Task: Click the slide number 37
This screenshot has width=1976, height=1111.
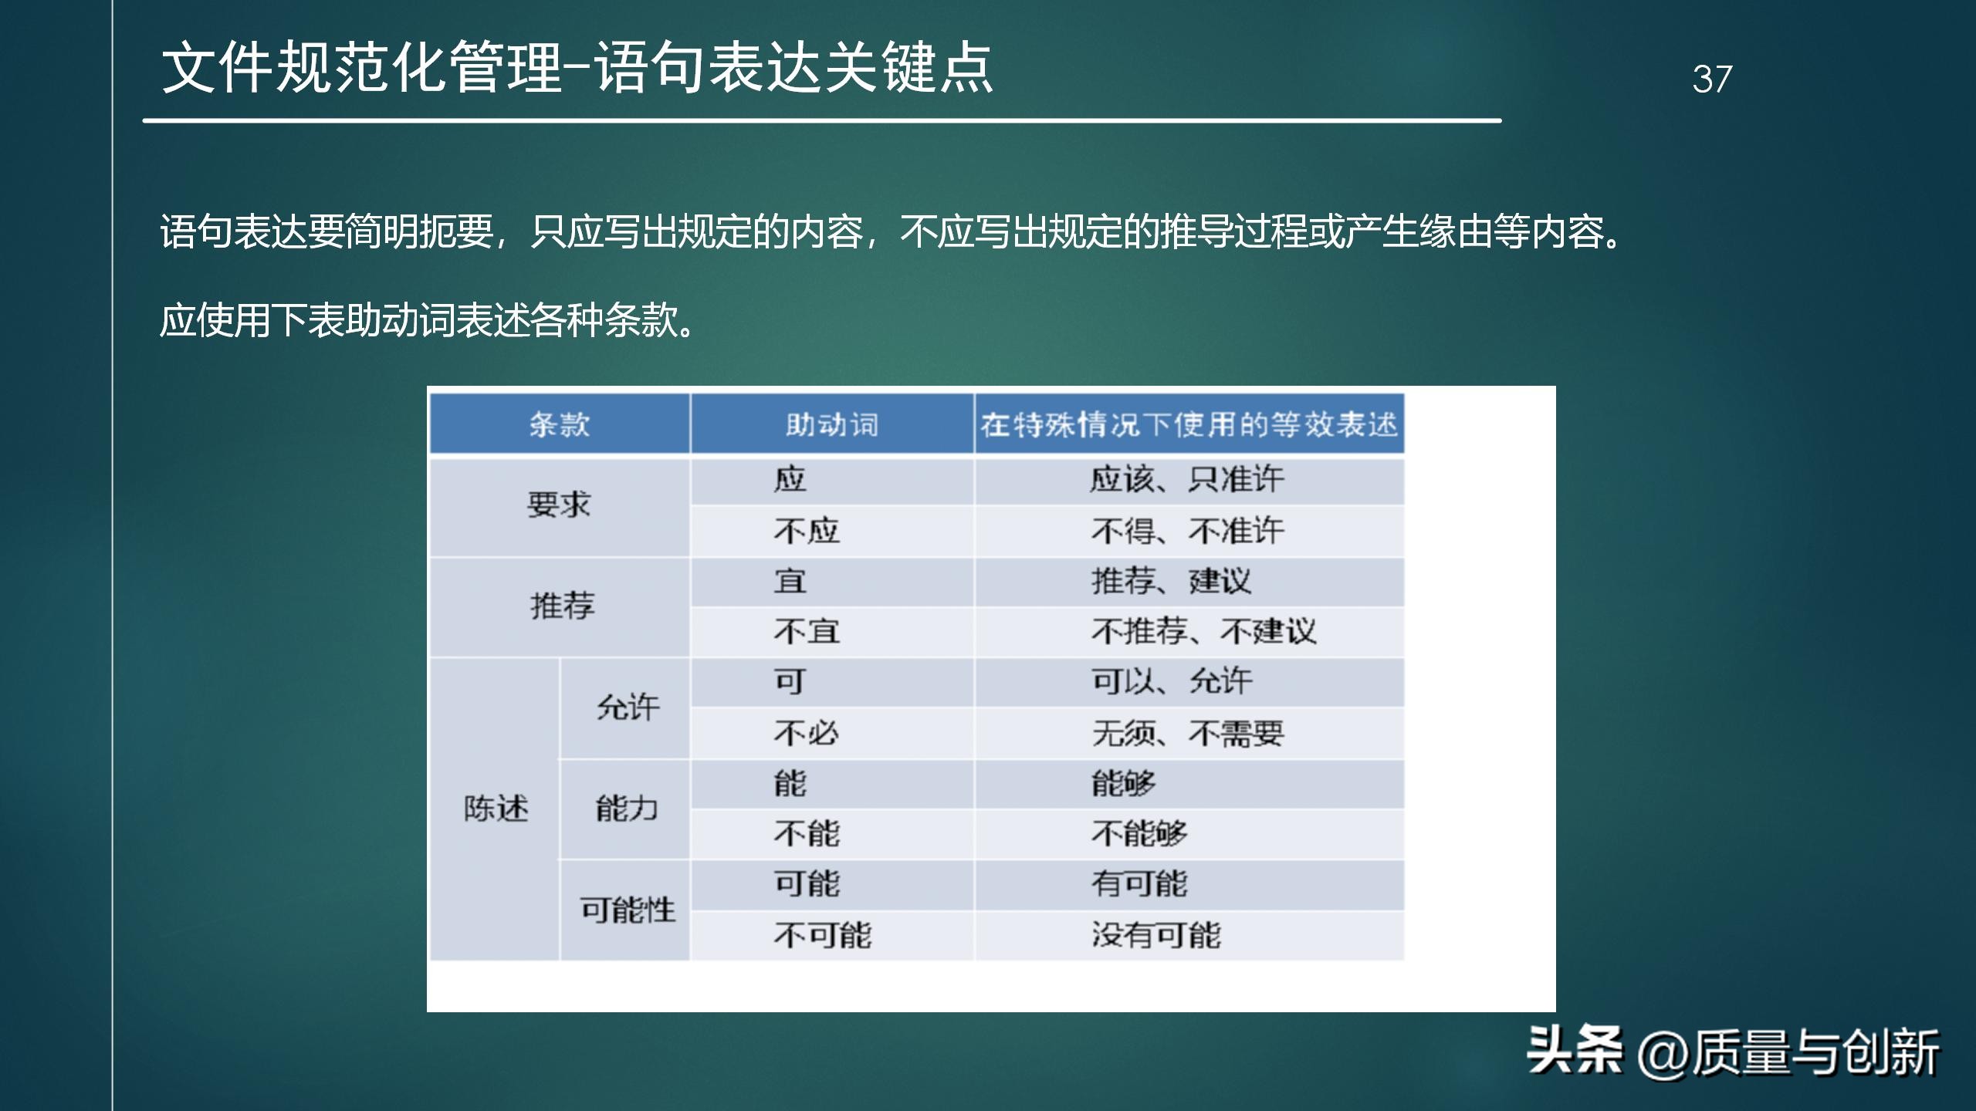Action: [1711, 79]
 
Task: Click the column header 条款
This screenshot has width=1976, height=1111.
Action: [559, 424]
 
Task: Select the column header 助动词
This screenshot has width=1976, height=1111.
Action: [831, 424]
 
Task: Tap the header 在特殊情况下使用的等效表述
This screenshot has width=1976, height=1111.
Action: [1189, 424]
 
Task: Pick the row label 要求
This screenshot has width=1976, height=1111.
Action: [559, 505]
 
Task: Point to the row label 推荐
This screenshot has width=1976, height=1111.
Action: [562, 606]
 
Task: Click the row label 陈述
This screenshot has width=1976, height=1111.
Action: [496, 809]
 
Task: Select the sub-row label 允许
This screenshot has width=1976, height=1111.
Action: [628, 707]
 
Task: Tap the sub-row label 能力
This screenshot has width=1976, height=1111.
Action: [626, 809]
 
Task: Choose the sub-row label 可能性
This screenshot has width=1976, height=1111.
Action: [628, 910]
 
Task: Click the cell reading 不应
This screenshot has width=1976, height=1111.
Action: [807, 531]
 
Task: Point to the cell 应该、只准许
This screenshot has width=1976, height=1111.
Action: [1187, 480]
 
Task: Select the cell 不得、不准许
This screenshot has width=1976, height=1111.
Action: [1187, 531]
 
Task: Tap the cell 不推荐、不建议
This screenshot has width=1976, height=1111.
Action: [1203, 632]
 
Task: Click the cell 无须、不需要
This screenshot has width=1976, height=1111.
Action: [1187, 733]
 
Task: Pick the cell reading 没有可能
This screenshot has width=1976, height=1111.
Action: [1155, 935]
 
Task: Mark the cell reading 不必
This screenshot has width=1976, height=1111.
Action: [807, 733]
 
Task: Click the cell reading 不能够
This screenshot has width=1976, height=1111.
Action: [1139, 834]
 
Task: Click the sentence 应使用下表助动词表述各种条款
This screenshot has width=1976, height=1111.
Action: [428, 320]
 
